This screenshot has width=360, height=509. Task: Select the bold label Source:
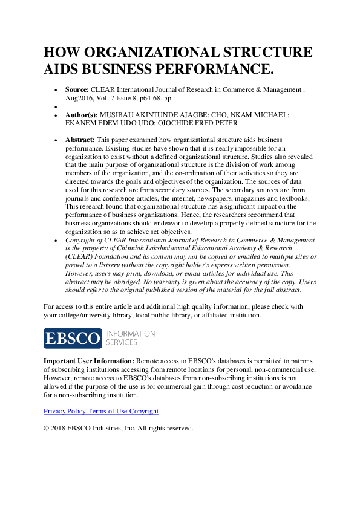77,89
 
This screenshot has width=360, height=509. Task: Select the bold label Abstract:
80,139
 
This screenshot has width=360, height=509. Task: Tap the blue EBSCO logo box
73,338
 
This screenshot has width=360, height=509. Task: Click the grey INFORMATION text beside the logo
131,334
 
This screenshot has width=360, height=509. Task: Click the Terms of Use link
109,411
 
